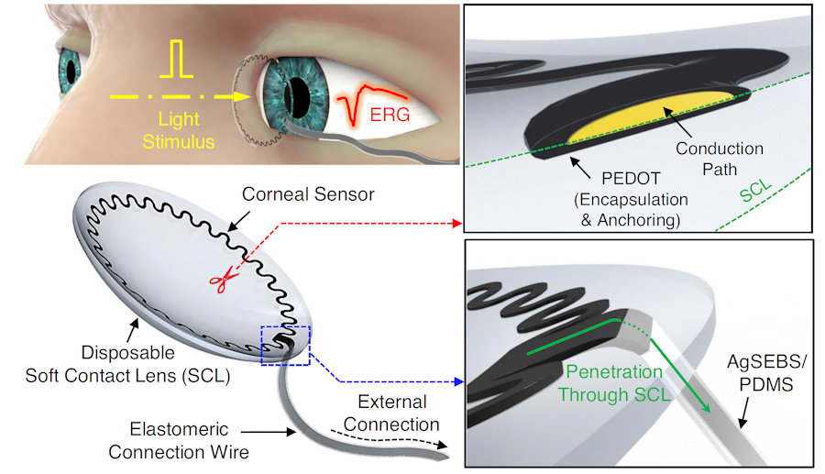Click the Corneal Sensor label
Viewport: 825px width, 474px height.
point(289,195)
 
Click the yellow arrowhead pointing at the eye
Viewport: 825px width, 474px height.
point(246,95)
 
